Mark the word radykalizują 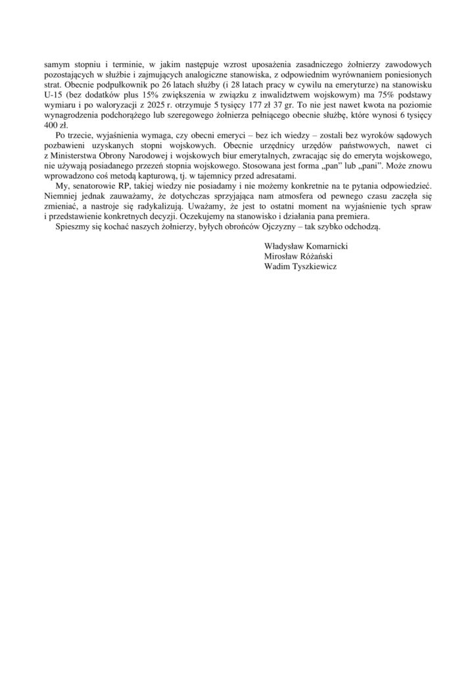(166, 203)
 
